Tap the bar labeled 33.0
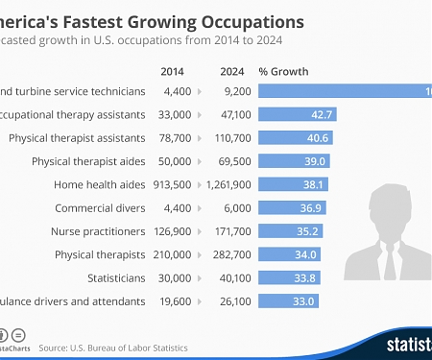tap(288, 300)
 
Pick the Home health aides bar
tap(293, 184)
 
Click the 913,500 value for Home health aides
tap(176, 184)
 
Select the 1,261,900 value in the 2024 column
tap(230, 184)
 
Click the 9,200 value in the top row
tap(235, 91)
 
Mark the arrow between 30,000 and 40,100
tap(199, 277)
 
